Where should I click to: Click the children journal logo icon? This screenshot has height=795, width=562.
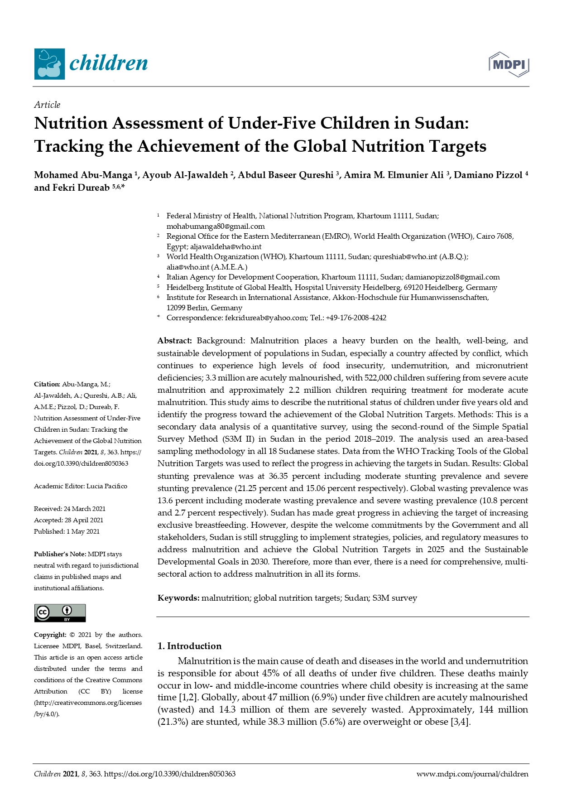(49, 64)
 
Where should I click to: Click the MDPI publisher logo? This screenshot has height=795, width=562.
(509, 64)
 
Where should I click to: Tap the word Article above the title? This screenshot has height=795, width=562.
(47, 105)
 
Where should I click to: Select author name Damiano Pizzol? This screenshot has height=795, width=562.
(488, 175)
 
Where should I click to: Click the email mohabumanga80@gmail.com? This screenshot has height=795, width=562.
(216, 226)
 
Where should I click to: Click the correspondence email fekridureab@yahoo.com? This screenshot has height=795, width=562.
(266, 318)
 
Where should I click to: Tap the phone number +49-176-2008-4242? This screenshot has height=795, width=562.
(356, 318)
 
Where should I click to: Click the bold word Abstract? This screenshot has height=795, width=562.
(174, 341)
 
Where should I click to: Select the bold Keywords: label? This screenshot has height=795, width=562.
(178, 598)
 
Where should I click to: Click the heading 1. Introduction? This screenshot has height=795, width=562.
(189, 646)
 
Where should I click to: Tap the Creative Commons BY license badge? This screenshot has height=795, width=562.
(60, 613)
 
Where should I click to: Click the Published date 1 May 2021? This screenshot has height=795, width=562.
(83, 531)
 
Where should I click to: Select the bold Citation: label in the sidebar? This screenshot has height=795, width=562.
(47, 384)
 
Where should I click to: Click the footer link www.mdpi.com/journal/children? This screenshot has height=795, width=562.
(472, 774)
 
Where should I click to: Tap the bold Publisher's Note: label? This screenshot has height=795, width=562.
(60, 554)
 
